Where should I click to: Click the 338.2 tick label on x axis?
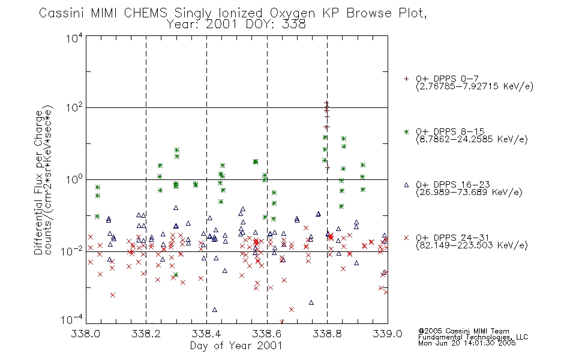[146, 334]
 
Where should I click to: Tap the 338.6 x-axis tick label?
[267, 334]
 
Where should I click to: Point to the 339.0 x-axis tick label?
[388, 334]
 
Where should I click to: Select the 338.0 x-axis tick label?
[85, 334]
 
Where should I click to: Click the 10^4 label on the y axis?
[74, 38]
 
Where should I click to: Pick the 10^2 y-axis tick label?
[74, 107]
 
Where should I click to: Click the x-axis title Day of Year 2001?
[236, 346]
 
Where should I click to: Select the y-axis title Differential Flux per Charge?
[38, 182]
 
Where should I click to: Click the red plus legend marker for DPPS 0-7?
[406, 79]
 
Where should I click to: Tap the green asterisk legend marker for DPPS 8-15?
[406, 131]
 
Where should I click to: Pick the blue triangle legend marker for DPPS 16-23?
[406, 185]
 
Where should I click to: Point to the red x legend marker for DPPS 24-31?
[406, 238]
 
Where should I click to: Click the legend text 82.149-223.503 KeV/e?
[472, 245]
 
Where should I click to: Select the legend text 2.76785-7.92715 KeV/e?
[475, 86]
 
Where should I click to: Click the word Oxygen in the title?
[292, 13]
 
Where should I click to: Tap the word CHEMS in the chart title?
[145, 13]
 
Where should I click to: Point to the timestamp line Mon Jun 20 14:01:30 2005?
[467, 343]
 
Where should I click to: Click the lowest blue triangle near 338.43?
[214, 310]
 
